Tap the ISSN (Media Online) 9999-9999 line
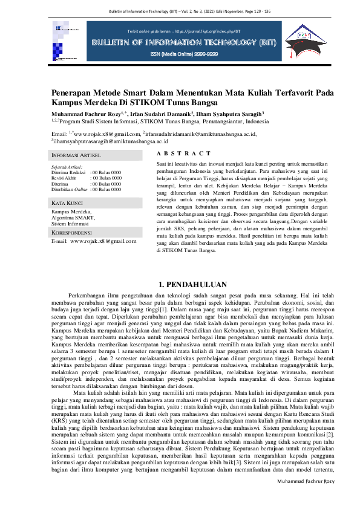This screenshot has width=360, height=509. coord(180,54)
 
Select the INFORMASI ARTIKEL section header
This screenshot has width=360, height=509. coord(76,156)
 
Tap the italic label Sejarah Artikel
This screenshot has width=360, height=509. coord(67,166)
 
